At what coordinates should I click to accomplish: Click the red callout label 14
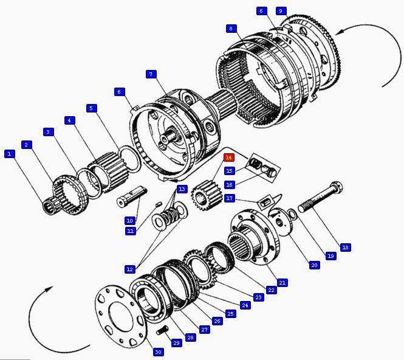point(228,157)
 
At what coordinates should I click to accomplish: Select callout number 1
point(9,154)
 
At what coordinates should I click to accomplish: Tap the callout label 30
point(158,352)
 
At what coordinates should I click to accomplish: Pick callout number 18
point(345,247)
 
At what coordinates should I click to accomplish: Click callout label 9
point(280,11)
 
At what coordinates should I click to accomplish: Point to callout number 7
point(151,74)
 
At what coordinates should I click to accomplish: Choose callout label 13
point(182,190)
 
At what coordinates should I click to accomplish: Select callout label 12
point(130,269)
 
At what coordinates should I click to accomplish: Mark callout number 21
point(282,283)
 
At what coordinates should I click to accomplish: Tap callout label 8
point(230,29)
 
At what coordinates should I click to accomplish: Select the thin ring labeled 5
point(129,159)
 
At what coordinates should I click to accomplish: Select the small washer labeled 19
point(292,213)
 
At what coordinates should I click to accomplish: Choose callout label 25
point(230,314)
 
